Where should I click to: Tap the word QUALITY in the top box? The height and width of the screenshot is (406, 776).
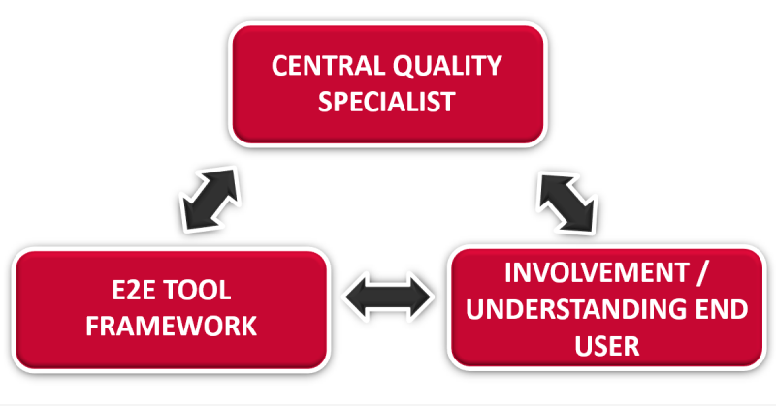(x=444, y=66)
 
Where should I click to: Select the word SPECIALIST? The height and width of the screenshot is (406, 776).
(x=386, y=102)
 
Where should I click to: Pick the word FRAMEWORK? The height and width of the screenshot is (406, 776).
(x=171, y=327)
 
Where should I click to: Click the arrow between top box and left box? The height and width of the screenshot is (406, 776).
(x=208, y=198)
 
